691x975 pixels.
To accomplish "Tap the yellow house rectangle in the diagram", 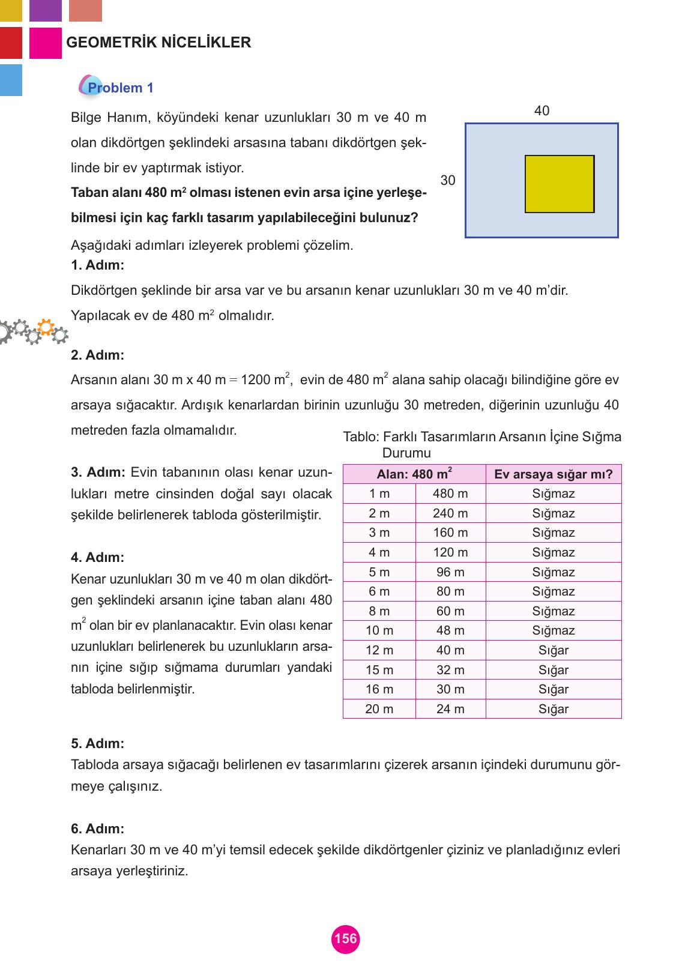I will coord(560,184).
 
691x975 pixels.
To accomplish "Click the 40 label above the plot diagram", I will coord(542,111).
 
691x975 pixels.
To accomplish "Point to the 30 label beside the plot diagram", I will coord(448,180).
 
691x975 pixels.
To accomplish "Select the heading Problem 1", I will coord(120,88).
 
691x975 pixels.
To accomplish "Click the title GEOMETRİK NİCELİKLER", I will coord(158,43).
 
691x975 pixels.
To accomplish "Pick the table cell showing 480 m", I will coord(450,494).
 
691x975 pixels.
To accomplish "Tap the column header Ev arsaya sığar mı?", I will coord(553,474).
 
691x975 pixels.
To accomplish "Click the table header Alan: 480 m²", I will coord(414,474).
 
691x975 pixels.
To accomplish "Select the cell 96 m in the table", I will coord(450,572).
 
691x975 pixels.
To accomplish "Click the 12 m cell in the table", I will coord(379,650).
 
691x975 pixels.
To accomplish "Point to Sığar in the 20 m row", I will coord(553,709).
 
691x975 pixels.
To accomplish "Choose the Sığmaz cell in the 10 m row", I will coord(553,630).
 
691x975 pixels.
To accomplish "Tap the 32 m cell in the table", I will coord(450,670).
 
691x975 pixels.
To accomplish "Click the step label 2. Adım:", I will coord(97,355).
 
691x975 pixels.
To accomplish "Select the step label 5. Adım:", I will coord(97,743).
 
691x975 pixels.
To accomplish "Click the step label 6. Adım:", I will coord(97,829).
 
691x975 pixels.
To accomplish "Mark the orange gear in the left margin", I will coord(44,328).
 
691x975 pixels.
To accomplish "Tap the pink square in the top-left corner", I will coord(46,43).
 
